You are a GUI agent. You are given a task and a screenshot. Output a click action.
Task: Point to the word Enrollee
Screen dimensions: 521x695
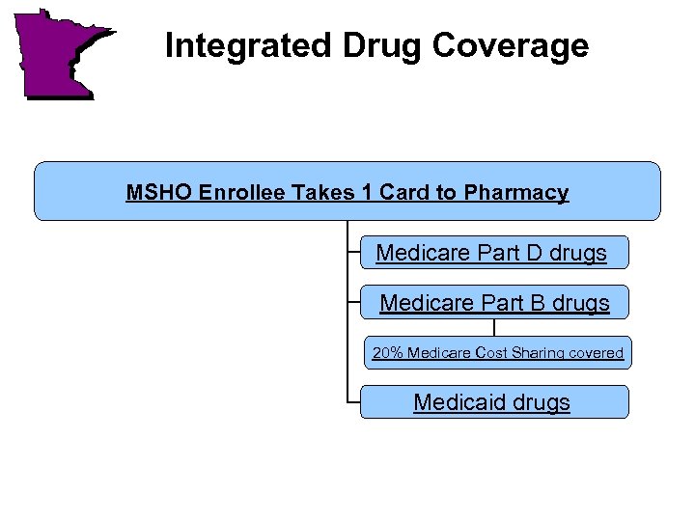tap(242, 193)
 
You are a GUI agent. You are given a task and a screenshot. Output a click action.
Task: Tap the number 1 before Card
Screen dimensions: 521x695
tap(368, 193)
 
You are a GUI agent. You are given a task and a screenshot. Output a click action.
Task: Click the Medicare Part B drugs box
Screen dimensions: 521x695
tap(494, 303)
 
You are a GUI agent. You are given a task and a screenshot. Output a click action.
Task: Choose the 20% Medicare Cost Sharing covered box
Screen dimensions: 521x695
tap(497, 353)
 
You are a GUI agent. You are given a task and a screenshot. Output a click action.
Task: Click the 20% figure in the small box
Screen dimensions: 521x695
tap(387, 353)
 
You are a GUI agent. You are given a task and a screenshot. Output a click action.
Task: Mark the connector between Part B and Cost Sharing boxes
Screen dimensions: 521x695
tap(494, 328)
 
